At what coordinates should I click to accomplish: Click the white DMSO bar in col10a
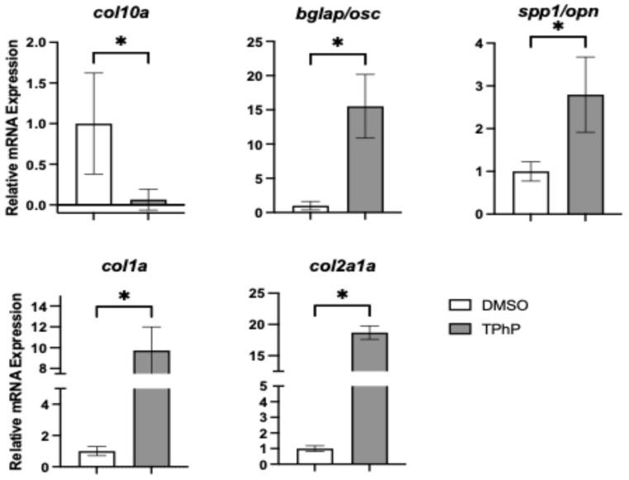pos(93,164)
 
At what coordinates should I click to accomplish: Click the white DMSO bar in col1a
pos(97,459)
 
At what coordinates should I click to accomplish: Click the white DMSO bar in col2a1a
pos(315,457)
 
